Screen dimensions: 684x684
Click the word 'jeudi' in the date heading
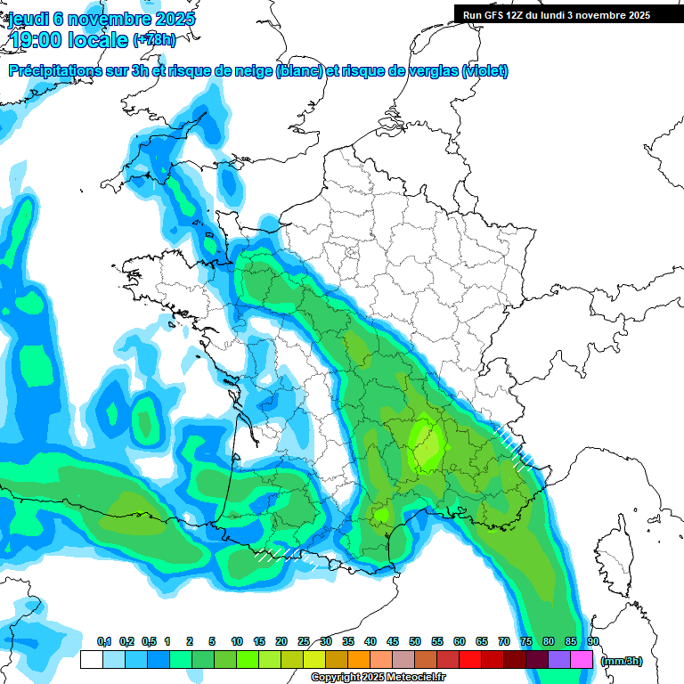[x=27, y=19]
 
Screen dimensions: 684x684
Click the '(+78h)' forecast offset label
[x=155, y=40]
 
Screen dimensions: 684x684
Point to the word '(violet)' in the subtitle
[x=485, y=71]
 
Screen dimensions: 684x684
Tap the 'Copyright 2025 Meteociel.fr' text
[x=378, y=678]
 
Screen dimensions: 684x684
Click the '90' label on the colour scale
[x=592, y=641]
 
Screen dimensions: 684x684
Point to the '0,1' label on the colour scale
[x=104, y=641]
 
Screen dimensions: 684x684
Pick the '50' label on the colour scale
[x=415, y=641]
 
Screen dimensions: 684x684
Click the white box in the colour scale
[x=91, y=660]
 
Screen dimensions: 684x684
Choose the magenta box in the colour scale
[x=582, y=660]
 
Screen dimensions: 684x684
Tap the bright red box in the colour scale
[x=470, y=660]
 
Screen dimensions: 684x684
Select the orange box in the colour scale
[x=359, y=660]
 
